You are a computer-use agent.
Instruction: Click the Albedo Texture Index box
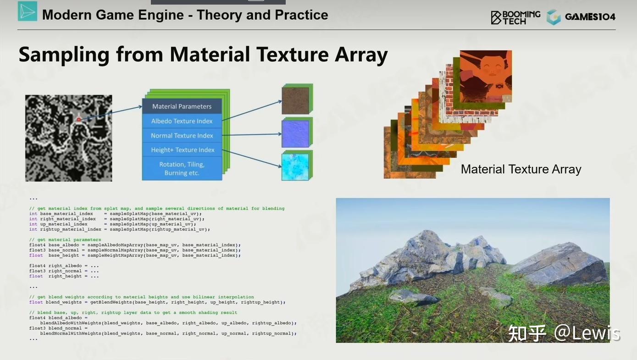tap(182, 121)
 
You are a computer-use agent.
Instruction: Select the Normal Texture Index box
tap(182, 136)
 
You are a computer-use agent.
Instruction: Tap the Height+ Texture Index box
tap(182, 150)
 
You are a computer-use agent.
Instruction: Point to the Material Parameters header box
tap(182, 106)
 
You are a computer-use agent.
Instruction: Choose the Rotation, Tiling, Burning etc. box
tap(182, 168)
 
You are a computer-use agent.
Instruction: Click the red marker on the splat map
tap(78, 120)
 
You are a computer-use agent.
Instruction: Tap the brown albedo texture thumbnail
tap(295, 99)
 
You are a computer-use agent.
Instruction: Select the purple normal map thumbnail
tap(295, 133)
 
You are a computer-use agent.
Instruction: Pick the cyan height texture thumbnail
tap(295, 166)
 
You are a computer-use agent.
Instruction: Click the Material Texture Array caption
tap(521, 169)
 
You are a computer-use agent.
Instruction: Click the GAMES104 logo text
tap(590, 17)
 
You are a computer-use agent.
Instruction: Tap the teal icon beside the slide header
tap(27, 11)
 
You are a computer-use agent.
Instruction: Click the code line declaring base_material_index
tap(115, 214)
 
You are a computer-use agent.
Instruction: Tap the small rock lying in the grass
tap(413, 297)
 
